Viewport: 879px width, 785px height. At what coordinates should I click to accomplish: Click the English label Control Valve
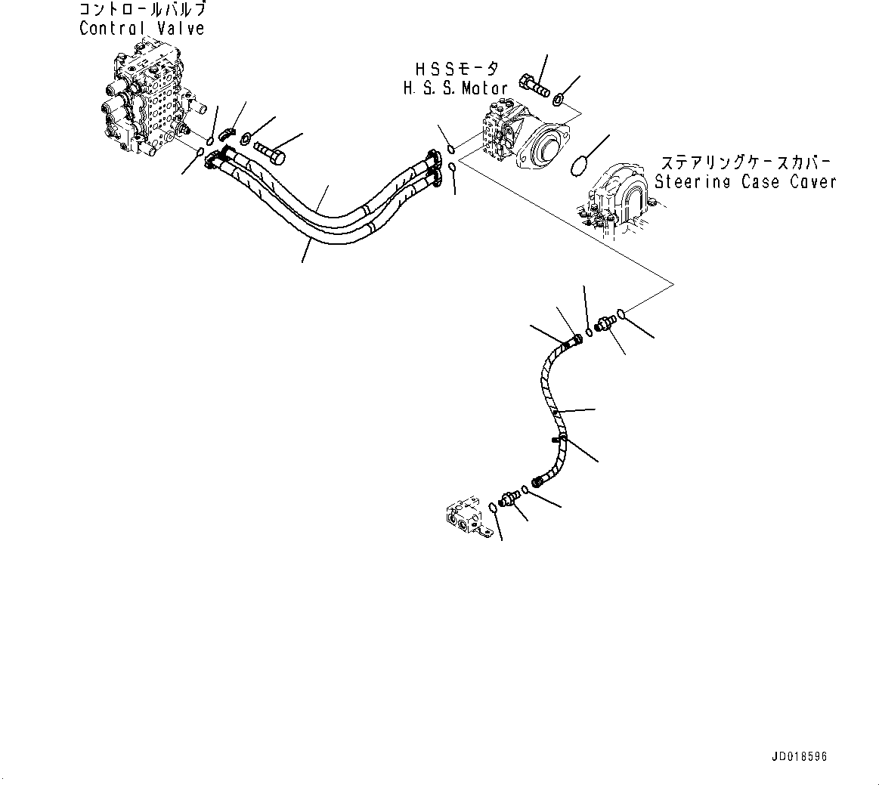pos(141,29)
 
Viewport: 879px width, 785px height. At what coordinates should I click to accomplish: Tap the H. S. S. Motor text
pos(455,88)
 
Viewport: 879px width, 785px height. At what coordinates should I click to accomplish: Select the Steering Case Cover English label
pos(745,181)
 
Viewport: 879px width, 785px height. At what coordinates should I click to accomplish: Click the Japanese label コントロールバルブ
pos(141,11)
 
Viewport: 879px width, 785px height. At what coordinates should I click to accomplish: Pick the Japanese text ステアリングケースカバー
pos(745,162)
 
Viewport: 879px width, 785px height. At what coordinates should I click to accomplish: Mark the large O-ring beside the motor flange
pos(579,165)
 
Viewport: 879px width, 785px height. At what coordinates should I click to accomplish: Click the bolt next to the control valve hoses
pos(270,153)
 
